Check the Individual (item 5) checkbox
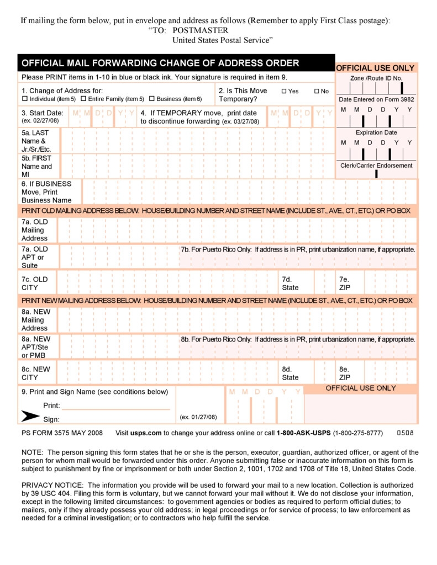pos(24,99)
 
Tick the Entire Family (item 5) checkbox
pos(83,99)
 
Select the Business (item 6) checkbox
pos(151,99)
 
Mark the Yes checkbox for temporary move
pos(284,91)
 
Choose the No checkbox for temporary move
pos(317,91)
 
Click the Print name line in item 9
pos(115,406)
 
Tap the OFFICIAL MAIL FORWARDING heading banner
pos(160,63)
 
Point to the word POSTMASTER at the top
pos(200,30)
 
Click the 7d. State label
pos(290,284)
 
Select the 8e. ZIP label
pos(345,374)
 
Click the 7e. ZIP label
pos(345,284)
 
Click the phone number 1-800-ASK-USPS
pos(303,433)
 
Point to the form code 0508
pos(406,433)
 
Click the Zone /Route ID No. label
pos(376,78)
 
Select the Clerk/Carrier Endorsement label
pos(376,166)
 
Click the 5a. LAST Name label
pos(34,141)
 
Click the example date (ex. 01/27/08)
pos(198,417)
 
